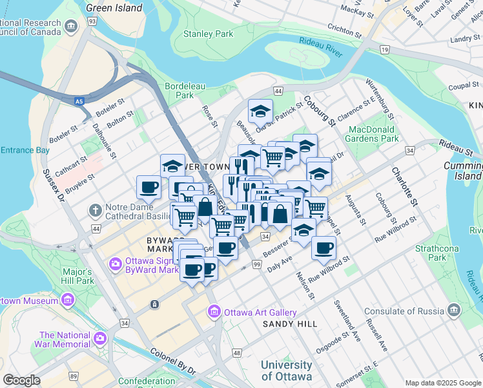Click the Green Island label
pos(114,8)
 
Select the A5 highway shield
pos(78,102)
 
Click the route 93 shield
pos(92,22)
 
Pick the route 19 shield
pos(385,50)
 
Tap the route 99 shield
pos(256,266)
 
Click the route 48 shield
pos(237,353)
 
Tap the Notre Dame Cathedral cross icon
pos(95,210)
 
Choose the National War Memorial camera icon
pos(100,338)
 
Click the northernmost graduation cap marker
pos(260,111)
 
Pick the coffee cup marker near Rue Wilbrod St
pos(324,247)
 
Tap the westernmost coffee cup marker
pos(149,187)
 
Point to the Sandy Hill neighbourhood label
pos(289,323)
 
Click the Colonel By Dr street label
pos(172,361)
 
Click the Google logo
pos(22,380)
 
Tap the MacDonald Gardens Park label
pos(371,134)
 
